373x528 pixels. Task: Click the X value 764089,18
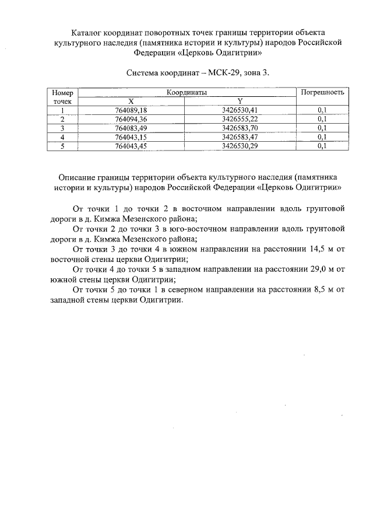(131, 110)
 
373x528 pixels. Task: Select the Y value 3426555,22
(240, 119)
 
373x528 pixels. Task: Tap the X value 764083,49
(131, 128)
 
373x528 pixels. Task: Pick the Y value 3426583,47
(240, 137)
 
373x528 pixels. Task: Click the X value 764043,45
(131, 146)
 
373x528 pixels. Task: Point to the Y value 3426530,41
(240, 110)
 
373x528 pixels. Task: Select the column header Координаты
(187, 92)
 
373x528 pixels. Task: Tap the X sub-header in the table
(131, 101)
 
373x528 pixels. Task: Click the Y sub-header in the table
(240, 101)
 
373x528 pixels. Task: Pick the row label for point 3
(62, 128)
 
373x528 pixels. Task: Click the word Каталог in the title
(87, 32)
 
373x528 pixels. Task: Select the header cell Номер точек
(62, 96)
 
